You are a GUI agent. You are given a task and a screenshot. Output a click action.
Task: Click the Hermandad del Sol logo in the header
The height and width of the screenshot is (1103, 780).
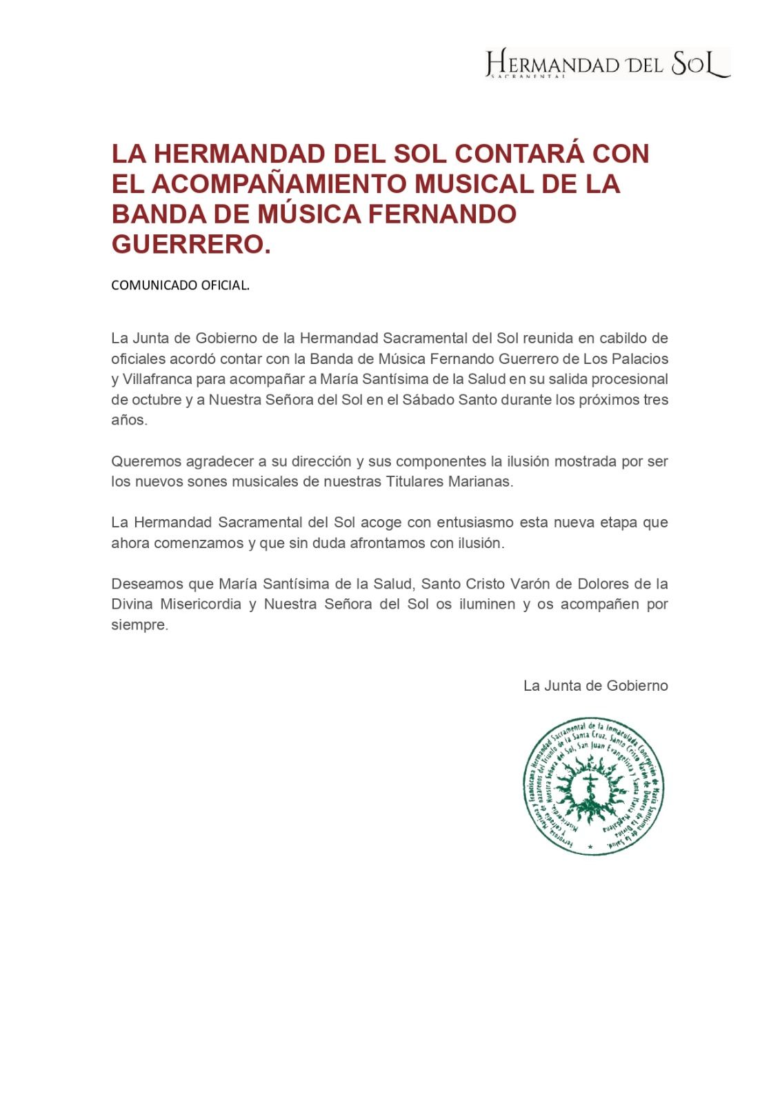pos(608,64)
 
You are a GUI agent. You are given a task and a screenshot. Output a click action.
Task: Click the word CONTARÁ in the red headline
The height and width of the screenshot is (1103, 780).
pos(512,154)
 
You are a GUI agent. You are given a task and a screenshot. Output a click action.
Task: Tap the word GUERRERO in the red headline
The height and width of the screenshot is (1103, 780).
pos(187,245)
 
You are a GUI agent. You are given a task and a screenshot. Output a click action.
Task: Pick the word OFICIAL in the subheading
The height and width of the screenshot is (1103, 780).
pos(224,285)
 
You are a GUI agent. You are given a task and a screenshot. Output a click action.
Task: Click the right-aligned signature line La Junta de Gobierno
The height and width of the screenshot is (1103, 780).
pos(595,686)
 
